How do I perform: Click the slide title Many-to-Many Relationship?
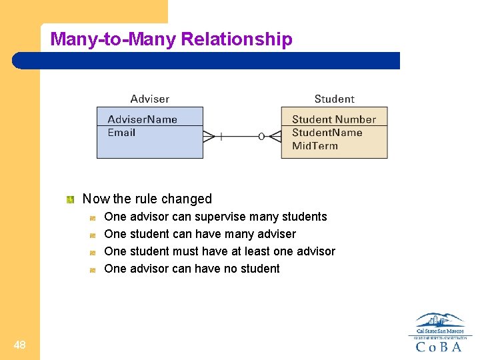[171, 39]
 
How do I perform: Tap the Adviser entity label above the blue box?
[150, 99]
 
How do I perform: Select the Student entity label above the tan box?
[334, 99]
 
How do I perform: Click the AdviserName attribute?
[142, 119]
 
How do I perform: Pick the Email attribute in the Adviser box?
[121, 132]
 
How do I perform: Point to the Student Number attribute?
[333, 119]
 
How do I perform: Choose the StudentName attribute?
[327, 132]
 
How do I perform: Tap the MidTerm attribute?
[315, 145]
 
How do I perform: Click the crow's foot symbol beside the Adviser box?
[209, 136]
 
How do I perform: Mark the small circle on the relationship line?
[261, 136]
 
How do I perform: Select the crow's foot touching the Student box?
[273, 136]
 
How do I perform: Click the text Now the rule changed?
[147, 199]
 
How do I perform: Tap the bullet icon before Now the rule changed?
[69, 199]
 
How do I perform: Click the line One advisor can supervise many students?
[215, 217]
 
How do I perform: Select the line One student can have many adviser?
[200, 234]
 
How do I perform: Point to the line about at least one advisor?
[219, 251]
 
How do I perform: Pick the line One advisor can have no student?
[192, 269]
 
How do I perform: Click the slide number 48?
[19, 345]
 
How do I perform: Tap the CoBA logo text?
[439, 347]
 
